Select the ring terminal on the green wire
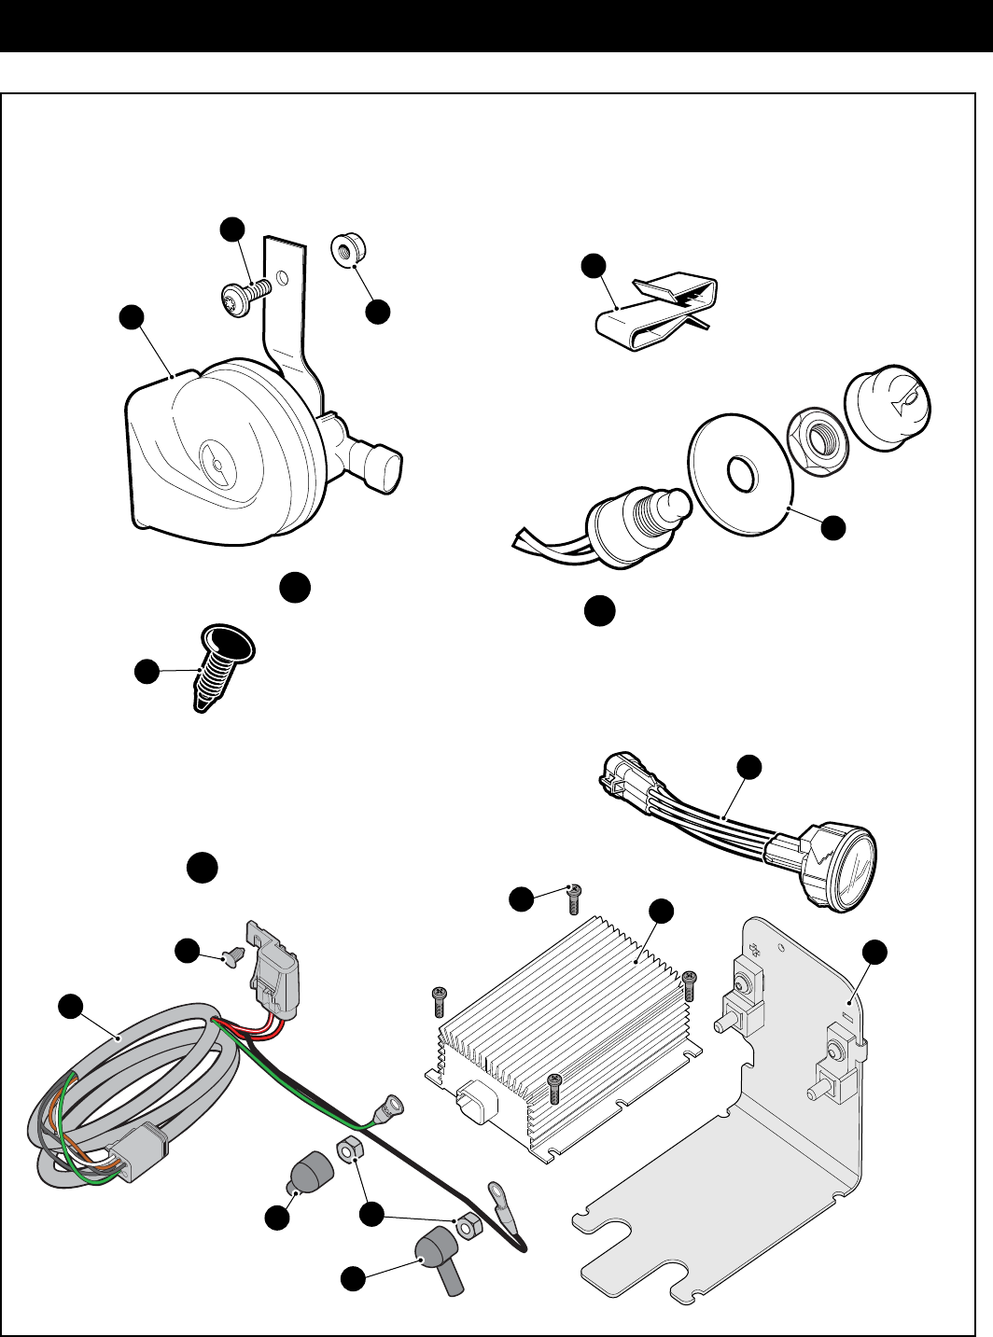point(385,1110)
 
